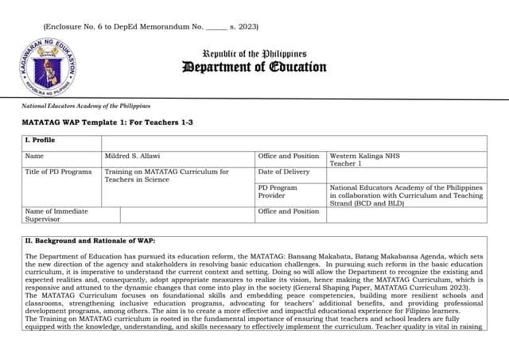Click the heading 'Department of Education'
tap(254, 67)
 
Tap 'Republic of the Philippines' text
tap(254, 53)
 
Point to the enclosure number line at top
tap(150, 27)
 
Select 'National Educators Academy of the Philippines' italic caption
tap(86, 106)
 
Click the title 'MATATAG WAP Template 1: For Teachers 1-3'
tap(107, 122)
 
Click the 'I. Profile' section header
tap(41, 140)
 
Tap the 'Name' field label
tap(34, 156)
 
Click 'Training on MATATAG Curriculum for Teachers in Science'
tap(166, 176)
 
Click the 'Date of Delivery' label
tap(284, 172)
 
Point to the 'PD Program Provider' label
tap(278, 192)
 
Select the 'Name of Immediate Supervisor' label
tap(56, 215)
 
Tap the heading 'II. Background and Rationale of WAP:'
tap(91, 240)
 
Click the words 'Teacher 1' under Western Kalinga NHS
tap(345, 164)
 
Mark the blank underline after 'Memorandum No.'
tap(216, 28)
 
